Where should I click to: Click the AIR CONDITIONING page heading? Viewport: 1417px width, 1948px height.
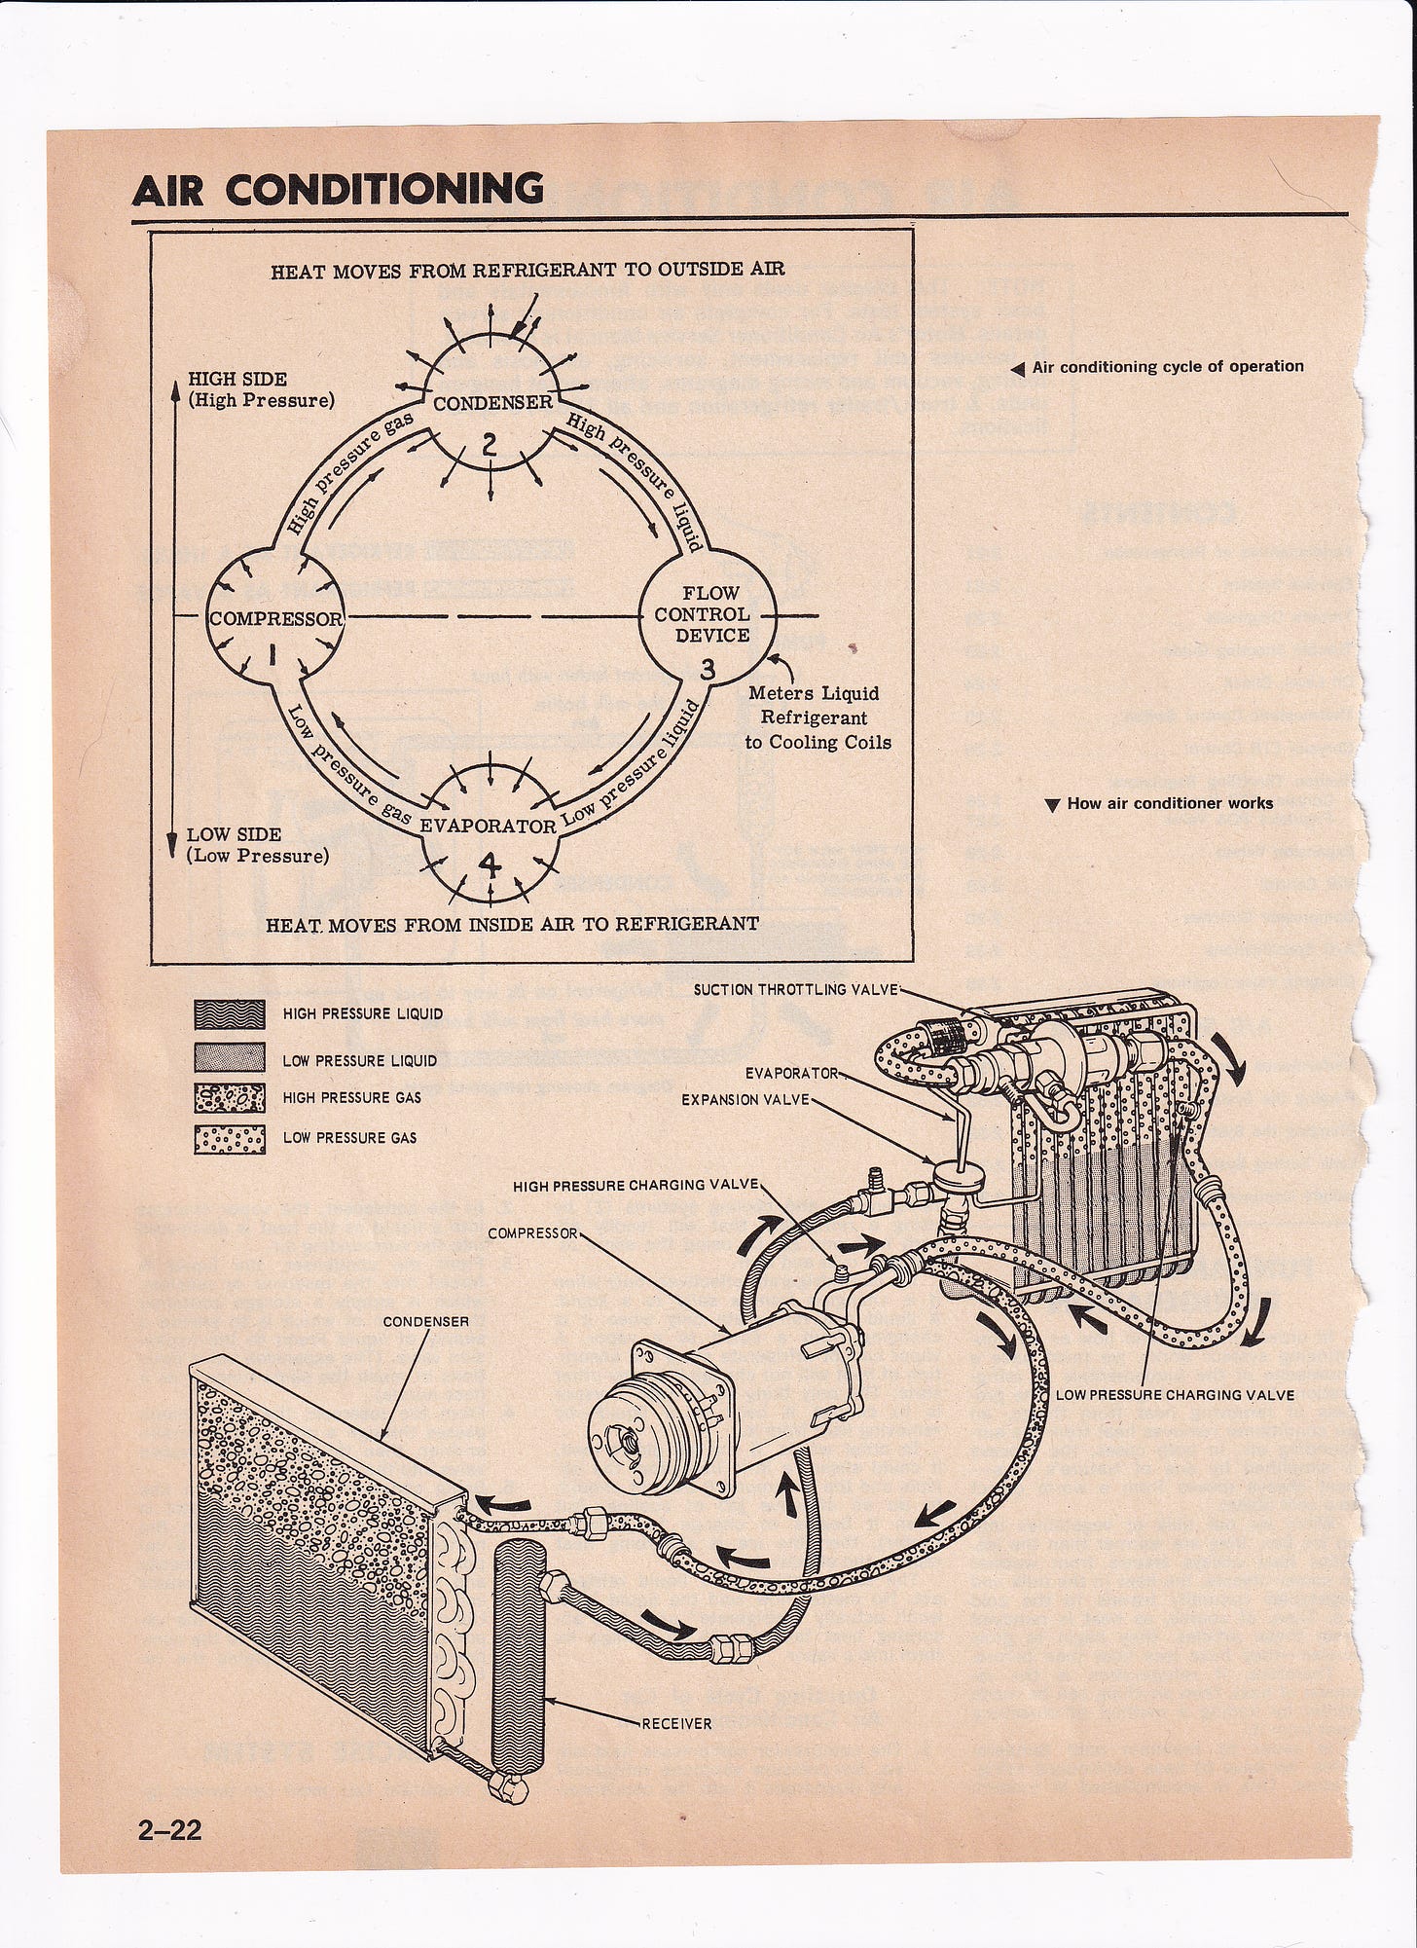point(337,189)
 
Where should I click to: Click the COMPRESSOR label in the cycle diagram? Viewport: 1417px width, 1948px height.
point(276,619)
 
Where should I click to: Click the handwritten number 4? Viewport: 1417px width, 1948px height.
point(490,864)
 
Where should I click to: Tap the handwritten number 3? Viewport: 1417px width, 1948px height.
point(708,670)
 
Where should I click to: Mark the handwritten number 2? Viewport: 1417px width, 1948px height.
point(490,444)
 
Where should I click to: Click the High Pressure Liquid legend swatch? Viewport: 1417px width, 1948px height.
point(230,1014)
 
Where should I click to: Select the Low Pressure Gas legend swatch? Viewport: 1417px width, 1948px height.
point(230,1137)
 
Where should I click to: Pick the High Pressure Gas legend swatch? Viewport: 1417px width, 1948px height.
point(230,1098)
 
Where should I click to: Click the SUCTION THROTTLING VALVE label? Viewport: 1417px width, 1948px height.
point(797,990)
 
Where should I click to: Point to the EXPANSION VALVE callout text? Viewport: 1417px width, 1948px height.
point(745,1099)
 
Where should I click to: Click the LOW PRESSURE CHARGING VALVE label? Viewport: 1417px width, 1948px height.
point(1175,1394)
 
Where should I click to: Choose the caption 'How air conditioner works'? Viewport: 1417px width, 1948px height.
point(1169,804)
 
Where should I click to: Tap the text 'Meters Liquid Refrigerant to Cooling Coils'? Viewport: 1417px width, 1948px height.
point(817,717)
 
